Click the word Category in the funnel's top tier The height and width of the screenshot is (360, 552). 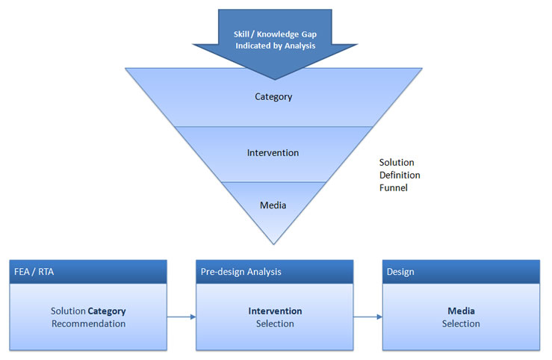273,96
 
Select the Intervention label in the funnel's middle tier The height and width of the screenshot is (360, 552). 273,153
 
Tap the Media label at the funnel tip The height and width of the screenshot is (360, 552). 273,204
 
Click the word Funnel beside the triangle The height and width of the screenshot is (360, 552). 394,188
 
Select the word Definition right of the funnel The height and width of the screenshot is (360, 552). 400,175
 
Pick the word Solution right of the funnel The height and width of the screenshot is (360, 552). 397,162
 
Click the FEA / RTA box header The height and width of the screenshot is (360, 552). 33,272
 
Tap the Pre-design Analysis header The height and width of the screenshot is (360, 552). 241,272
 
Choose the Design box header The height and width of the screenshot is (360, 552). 401,272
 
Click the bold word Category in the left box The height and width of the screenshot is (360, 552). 107,311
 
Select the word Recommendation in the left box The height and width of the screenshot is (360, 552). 88,323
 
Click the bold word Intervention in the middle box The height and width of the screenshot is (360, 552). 275,311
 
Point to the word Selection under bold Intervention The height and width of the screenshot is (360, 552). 275,323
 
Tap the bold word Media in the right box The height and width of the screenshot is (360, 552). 461,311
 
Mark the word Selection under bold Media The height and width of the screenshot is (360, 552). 461,323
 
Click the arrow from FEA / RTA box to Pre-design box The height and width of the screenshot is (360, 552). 182,317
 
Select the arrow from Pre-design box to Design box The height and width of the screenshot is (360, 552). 368,317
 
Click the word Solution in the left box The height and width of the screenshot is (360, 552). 68,311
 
